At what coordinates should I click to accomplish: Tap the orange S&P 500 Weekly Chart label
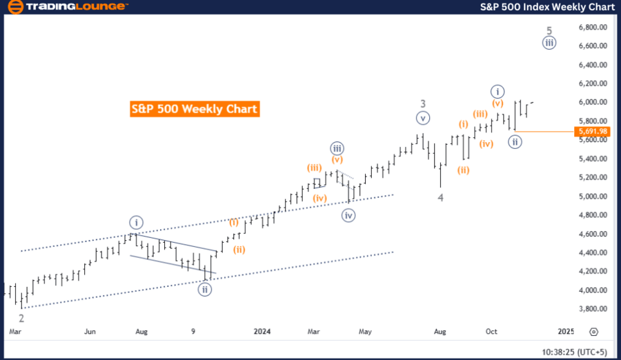coord(194,109)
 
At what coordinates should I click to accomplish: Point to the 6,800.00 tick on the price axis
coord(593,27)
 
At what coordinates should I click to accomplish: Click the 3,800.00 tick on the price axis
coord(593,309)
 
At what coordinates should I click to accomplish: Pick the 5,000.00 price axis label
coord(593,197)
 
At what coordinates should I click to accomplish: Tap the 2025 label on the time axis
coord(566,331)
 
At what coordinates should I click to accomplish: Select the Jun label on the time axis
coord(90,331)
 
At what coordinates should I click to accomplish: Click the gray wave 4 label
coord(440,198)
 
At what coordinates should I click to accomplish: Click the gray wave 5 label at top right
coord(549,30)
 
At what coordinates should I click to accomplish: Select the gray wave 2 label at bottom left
coord(21,318)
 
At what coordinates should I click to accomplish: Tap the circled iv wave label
coord(350,214)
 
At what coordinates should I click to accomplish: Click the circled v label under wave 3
coord(423,117)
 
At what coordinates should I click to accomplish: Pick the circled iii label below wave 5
coord(549,43)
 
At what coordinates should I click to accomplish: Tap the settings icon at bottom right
coord(593,331)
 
